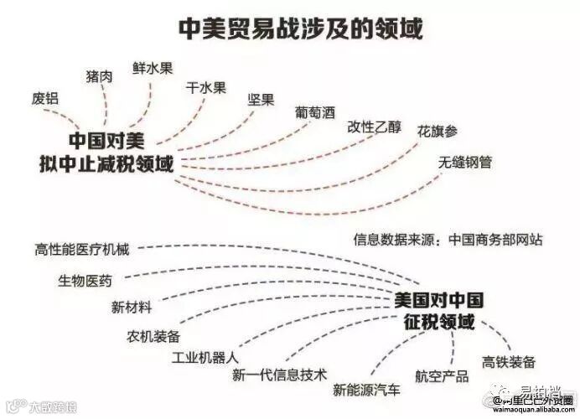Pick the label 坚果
262,100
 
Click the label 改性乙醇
374,127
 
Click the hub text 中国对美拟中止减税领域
106,151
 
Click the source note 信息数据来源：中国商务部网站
448,240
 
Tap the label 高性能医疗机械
83,249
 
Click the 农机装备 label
153,335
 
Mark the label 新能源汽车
366,389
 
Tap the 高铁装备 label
509,362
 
